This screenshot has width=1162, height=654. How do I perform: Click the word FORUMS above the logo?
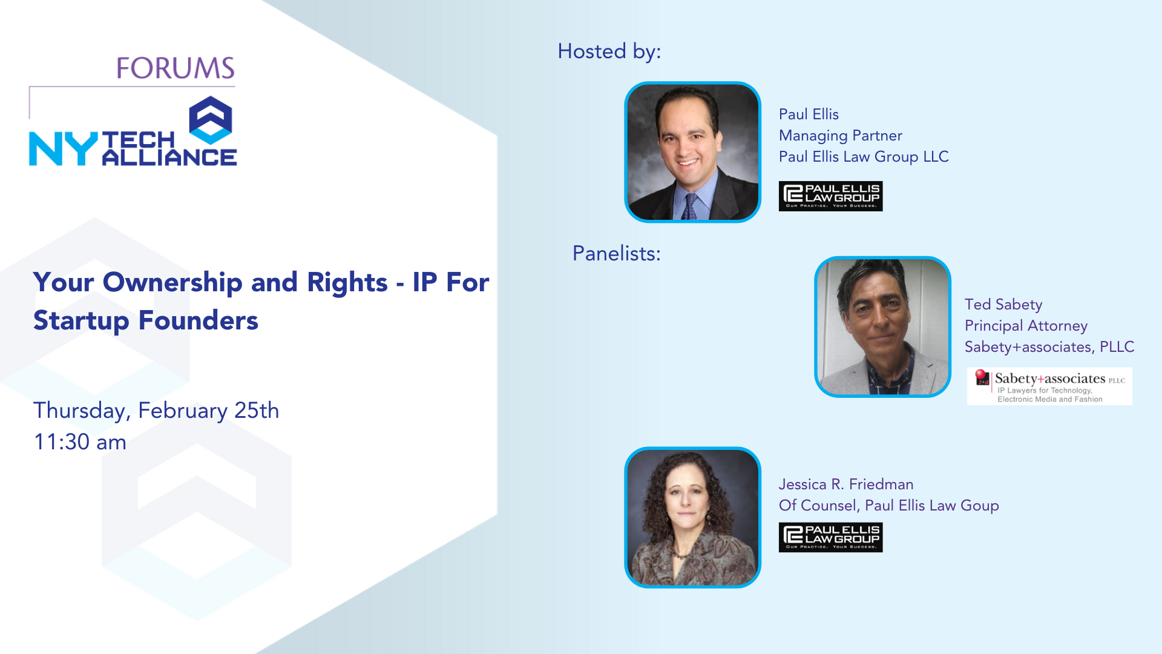point(176,68)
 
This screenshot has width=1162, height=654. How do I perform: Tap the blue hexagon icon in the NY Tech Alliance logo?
point(211,120)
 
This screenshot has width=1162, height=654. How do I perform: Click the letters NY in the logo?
point(63,149)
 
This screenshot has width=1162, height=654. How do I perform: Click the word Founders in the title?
point(199,320)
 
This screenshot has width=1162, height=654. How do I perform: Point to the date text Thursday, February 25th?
point(156,411)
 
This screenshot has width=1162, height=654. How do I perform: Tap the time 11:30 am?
point(80,442)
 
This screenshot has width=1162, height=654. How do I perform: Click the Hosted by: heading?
point(609,51)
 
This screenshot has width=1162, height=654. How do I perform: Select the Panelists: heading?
point(617,253)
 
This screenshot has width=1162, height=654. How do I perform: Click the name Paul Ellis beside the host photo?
point(809,114)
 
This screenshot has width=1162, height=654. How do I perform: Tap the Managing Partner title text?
point(841,136)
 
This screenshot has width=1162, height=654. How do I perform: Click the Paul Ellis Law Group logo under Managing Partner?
point(830,196)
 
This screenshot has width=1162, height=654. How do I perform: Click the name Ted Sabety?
point(1003,305)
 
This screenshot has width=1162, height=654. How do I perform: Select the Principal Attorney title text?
point(1026,326)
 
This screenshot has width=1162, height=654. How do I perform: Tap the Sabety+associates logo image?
point(1049,386)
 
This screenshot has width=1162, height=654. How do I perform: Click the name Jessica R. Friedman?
point(846,484)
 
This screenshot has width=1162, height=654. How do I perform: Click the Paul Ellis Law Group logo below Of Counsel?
point(830,537)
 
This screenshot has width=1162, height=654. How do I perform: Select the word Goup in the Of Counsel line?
point(980,506)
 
